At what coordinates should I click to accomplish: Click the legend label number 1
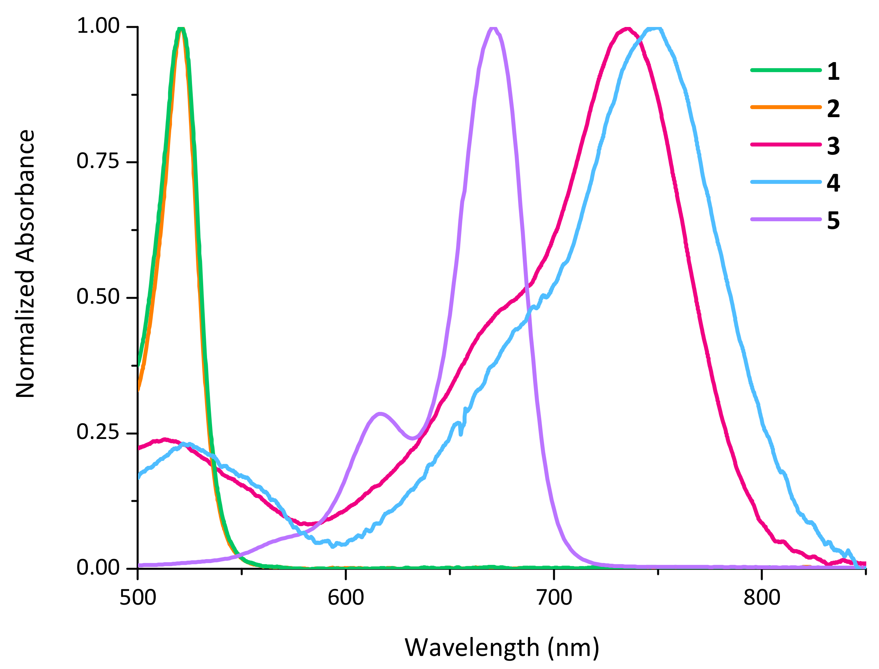coord(833,72)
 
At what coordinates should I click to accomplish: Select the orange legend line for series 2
coord(786,107)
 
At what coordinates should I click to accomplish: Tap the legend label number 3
coord(833,146)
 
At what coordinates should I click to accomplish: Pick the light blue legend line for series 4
coord(786,182)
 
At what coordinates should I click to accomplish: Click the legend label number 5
coord(833,220)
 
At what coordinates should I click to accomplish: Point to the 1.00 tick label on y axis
coord(98,26)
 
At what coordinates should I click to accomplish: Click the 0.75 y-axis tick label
coord(98,161)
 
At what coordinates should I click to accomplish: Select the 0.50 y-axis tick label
coord(98,297)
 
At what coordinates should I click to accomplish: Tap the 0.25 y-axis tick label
coord(98,432)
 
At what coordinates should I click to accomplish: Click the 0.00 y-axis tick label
coord(98,567)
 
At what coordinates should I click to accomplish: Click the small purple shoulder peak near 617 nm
coord(381,414)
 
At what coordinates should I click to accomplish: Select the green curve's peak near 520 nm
coord(180,29)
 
